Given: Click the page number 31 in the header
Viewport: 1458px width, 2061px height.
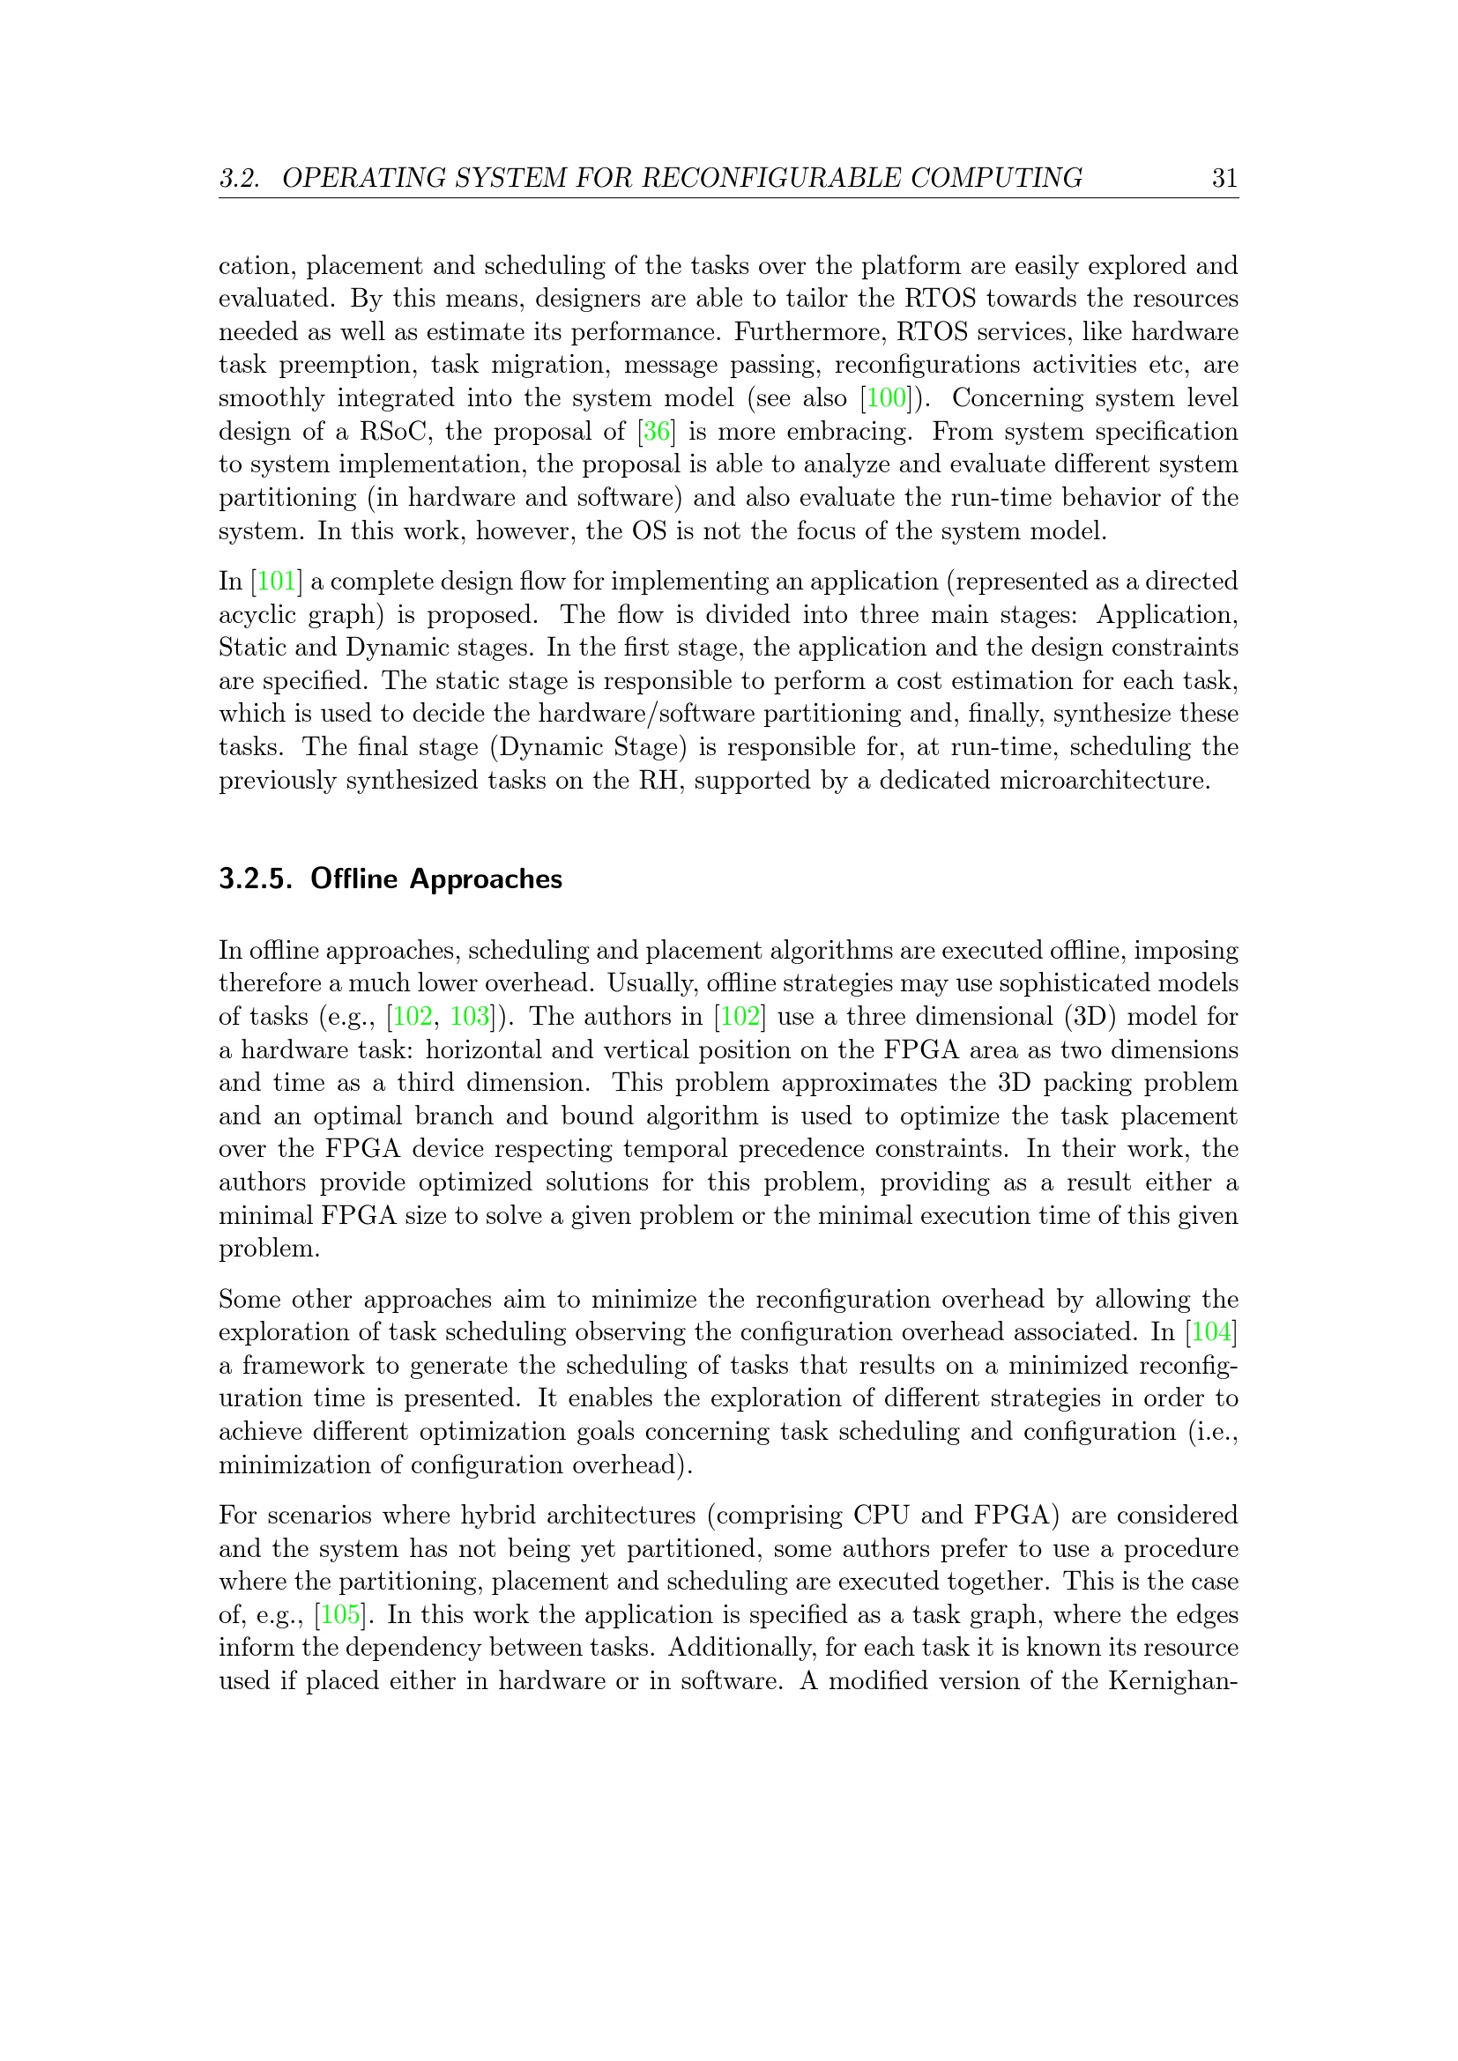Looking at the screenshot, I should (1224, 178).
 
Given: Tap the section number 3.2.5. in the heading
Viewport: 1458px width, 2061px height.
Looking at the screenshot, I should (256, 879).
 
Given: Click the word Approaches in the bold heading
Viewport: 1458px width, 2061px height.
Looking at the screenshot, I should (486, 879).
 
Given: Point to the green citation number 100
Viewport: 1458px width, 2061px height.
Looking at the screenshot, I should (887, 397).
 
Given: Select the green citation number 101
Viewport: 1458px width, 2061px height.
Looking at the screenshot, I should (277, 581).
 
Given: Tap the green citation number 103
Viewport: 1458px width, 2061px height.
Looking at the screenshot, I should (470, 1016).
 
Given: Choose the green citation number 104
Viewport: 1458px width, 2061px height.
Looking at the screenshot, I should (1212, 1332).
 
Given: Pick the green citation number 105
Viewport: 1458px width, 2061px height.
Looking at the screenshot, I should (340, 1615).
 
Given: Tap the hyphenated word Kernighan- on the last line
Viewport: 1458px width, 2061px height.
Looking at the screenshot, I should (1173, 1680).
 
